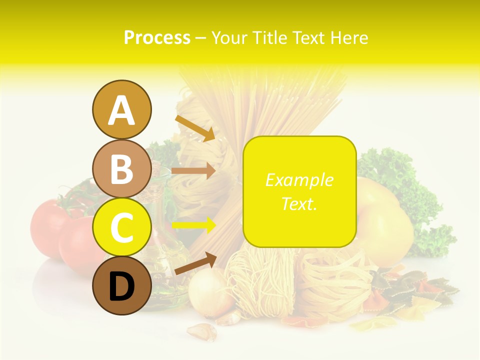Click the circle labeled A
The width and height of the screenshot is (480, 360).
pos(121,109)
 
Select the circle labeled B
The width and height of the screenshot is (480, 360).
pos(121,169)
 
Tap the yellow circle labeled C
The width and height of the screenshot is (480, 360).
pos(121,228)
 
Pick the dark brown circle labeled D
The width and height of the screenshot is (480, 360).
pos(121,286)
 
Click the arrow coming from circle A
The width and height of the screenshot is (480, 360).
pos(194,128)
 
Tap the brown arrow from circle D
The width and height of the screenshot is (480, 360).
pos(195,263)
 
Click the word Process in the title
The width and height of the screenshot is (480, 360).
pos(157,38)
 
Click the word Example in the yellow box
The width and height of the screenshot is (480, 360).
pos(299,180)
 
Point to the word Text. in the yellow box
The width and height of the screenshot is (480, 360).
pos(299,203)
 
